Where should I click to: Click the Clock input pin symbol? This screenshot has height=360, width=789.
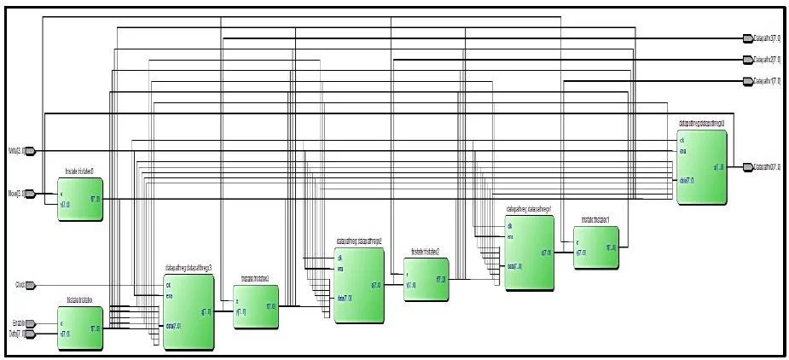coord(31,285)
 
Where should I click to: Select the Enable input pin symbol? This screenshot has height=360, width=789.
coord(31,323)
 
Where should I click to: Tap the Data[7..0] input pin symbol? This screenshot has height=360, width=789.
coord(31,334)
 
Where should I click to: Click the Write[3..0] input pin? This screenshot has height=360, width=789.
coord(29,151)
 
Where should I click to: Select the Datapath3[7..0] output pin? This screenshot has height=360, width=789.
coord(747,38)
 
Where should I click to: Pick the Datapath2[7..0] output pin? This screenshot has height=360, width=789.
coord(747,60)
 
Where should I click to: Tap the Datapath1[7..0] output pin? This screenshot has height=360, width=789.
coord(747,81)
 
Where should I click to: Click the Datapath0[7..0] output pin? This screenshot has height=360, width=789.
coord(747,167)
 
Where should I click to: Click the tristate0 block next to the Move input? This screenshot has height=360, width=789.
coord(80,200)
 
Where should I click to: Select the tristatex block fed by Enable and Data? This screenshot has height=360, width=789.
coord(80,328)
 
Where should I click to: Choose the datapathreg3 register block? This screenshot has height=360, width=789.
coord(188,311)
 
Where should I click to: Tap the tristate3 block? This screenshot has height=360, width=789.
coord(255,306)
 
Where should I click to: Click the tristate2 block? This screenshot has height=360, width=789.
coord(426,278)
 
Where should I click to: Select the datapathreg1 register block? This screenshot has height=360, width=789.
coord(529,252)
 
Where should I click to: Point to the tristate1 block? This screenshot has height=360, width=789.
coord(596,247)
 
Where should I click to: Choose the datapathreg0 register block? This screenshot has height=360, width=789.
coord(701,166)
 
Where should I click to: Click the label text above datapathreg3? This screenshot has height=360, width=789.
coord(188,268)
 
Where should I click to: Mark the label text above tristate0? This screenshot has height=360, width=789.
coord(80,173)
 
